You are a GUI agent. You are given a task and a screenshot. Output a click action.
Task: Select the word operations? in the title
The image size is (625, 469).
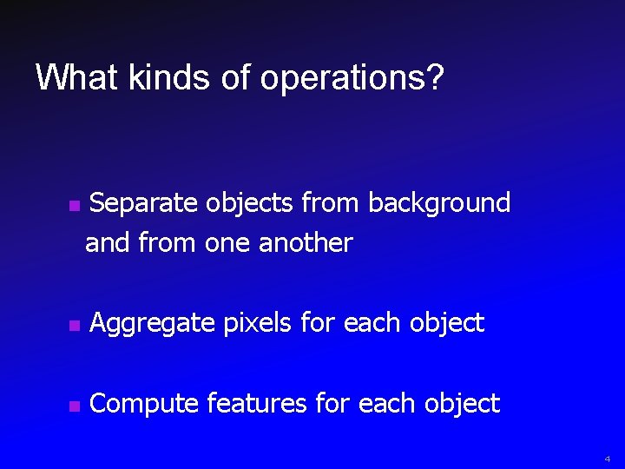coord(352,79)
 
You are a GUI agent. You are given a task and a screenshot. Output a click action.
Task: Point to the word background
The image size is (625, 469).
coord(439,203)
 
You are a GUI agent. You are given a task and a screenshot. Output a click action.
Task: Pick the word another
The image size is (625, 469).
coord(306,242)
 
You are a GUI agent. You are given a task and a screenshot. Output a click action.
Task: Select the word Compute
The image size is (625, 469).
coord(144,404)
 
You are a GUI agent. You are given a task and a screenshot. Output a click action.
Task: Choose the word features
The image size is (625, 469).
coord(257,403)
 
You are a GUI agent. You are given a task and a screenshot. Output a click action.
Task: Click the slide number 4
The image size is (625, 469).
coord(609,457)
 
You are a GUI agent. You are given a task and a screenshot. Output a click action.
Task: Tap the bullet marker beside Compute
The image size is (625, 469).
coord(74,407)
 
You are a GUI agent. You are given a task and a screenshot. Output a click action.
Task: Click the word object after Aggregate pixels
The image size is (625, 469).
coord(448,323)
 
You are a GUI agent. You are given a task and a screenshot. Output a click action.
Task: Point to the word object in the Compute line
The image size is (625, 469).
coord(464,403)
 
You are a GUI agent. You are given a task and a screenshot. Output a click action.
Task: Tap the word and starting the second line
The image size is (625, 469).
coord(107,242)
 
